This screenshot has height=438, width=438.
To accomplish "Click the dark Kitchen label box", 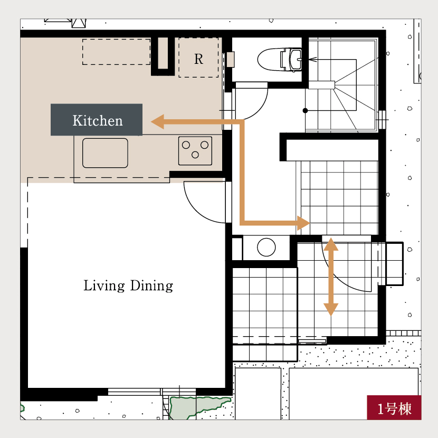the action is click(97, 120).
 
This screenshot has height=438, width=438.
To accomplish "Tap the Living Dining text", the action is click(128, 286).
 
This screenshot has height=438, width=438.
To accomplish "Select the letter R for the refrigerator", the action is click(198, 59).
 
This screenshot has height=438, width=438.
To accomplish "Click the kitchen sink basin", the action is click(105, 153).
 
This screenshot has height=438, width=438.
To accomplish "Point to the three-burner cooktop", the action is click(195, 151).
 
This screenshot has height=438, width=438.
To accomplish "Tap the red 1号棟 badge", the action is click(394, 407).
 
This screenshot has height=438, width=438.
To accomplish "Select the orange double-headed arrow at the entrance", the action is click(331, 277).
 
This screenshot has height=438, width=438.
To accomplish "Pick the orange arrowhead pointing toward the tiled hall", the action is click(303, 223).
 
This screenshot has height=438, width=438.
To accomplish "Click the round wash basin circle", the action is click(266, 247).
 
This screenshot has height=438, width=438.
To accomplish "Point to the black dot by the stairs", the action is click(306, 111).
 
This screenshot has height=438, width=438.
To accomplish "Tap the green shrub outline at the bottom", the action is click(199, 407).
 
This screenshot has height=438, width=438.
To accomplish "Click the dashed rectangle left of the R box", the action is click(116, 52).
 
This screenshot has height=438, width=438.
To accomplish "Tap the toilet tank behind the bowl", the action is click(291, 60).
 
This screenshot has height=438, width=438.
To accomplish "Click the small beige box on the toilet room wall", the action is click(231, 60).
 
